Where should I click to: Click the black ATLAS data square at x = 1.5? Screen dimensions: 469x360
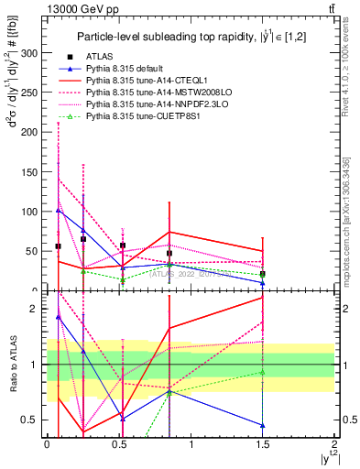263,274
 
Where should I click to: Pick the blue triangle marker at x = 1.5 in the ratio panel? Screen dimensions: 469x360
263,425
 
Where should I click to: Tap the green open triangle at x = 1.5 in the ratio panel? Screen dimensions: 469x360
263,371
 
